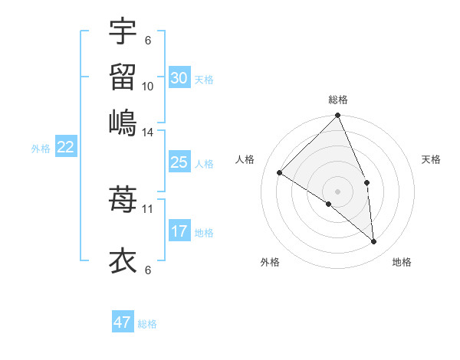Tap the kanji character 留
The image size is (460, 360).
pyautogui.click(x=123, y=77)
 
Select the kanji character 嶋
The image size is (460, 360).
pyautogui.click(x=123, y=122)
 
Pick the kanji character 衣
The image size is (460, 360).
pyautogui.click(x=123, y=261)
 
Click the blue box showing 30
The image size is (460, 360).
pyautogui.click(x=179, y=78)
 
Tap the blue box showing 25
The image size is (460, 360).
pyautogui.click(x=179, y=162)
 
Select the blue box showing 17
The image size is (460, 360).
pyautogui.click(x=179, y=231)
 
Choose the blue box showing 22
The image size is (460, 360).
pyautogui.click(x=65, y=148)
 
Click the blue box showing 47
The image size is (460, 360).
pyautogui.click(x=123, y=322)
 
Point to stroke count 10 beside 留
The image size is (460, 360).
pyautogui.click(x=148, y=87)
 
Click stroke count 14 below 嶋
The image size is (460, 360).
pyautogui.click(x=148, y=132)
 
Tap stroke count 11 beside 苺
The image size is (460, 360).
pyautogui.click(x=148, y=208)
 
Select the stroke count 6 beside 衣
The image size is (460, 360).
pyautogui.click(x=148, y=270)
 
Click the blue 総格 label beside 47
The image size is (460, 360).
pyautogui.click(x=147, y=324)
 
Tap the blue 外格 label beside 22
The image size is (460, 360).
pyautogui.click(x=41, y=149)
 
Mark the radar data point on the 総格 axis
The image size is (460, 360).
pyautogui.click(x=338, y=116)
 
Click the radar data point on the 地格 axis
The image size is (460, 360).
pyautogui.click(x=374, y=242)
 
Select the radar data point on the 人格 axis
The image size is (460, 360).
pyautogui.click(x=280, y=172)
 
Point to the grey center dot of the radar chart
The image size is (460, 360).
pyautogui.click(x=338, y=191)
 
